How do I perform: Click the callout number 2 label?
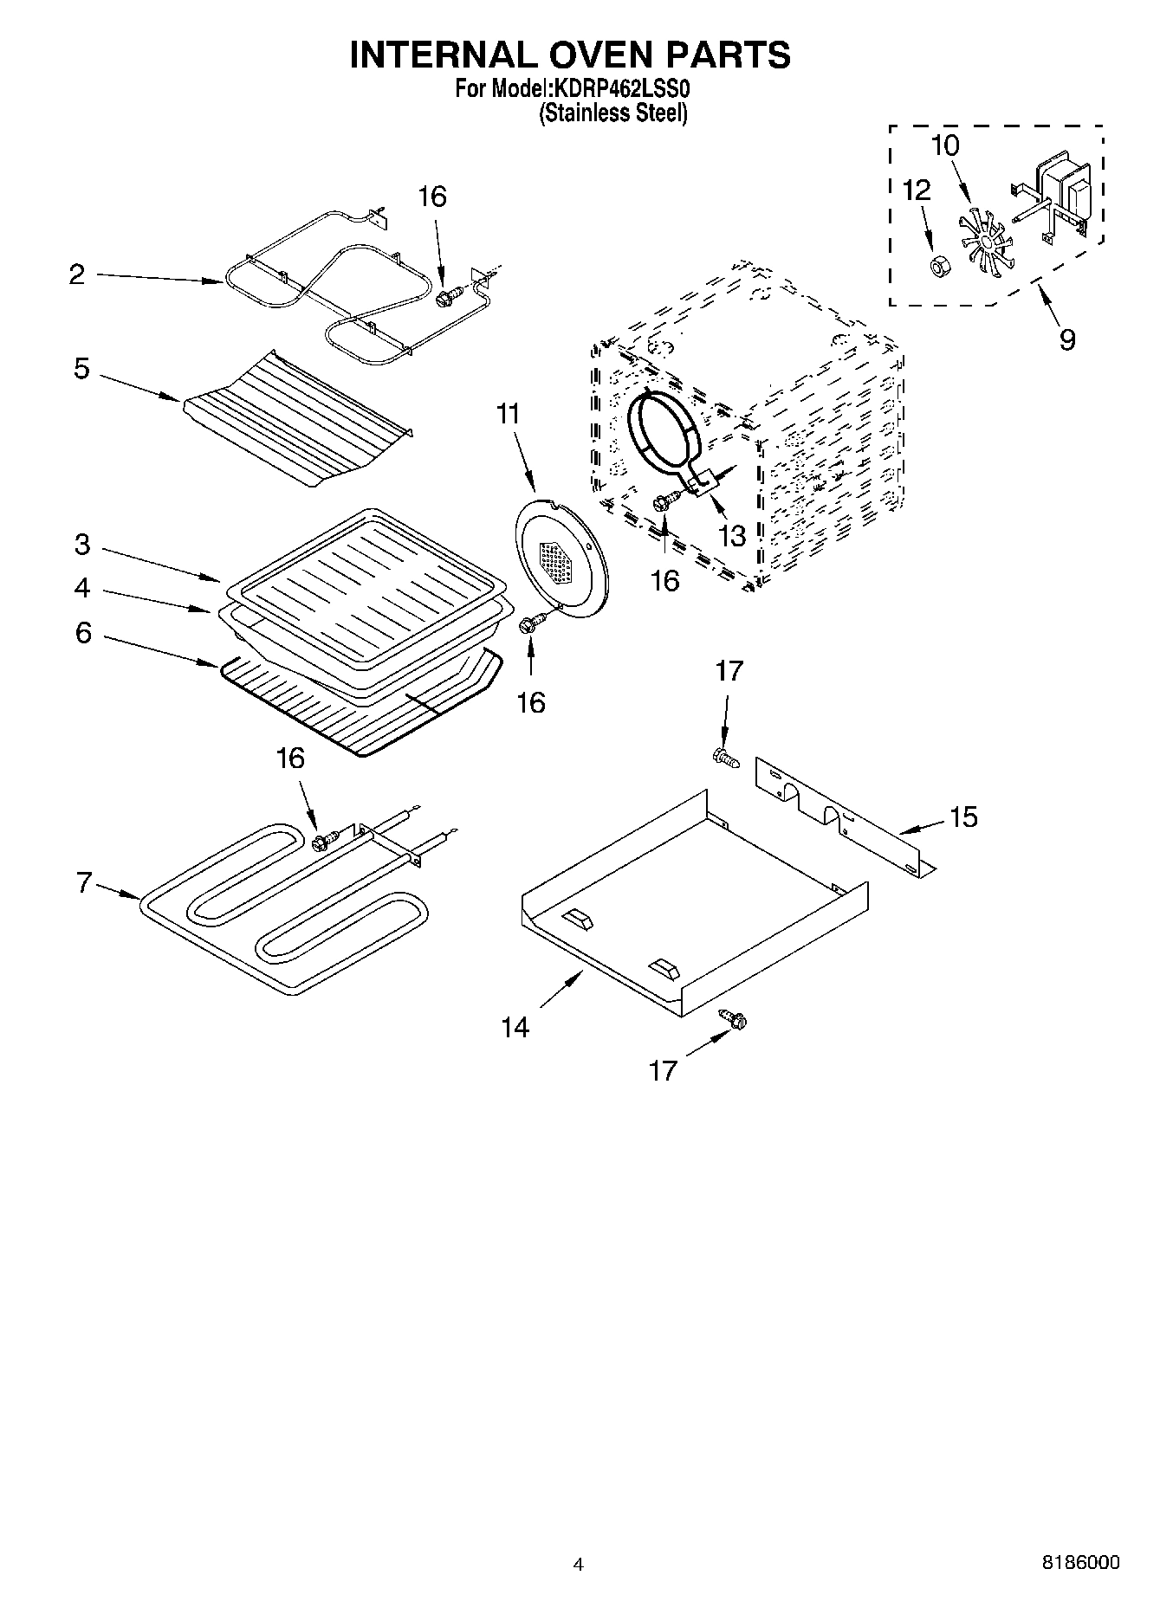coord(77,275)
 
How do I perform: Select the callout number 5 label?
coord(81,369)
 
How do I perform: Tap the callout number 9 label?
coord(1067,339)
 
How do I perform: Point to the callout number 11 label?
coord(509,415)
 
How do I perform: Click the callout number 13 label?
coord(732,536)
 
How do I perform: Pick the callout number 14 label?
coord(515,1027)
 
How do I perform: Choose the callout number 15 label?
coord(963,816)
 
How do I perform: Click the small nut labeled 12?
coord(936,266)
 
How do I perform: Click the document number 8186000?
coord(1080,1562)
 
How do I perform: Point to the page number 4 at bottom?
coord(579,1564)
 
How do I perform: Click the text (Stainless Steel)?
coord(612,113)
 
